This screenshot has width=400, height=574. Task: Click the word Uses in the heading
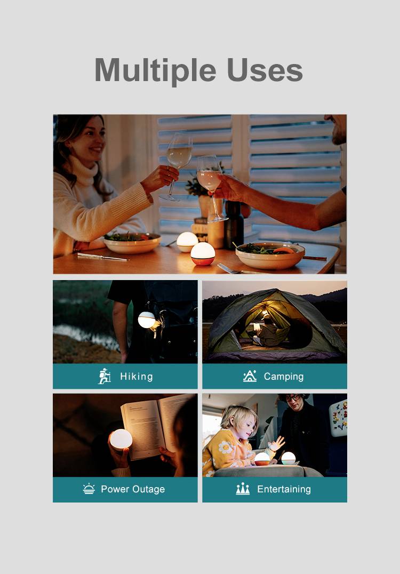(x=265, y=70)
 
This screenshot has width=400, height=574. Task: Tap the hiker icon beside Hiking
(x=105, y=376)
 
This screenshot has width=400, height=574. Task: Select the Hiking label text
(x=137, y=376)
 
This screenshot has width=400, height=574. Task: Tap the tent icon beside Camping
(x=250, y=376)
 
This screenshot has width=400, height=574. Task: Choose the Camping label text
(x=284, y=377)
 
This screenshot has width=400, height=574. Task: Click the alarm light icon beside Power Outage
(x=89, y=489)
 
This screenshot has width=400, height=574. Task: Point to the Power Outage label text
(x=133, y=489)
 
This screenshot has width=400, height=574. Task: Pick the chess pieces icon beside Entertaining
(x=243, y=489)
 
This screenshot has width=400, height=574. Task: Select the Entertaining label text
(x=284, y=489)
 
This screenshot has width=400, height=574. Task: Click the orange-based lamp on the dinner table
(x=203, y=254)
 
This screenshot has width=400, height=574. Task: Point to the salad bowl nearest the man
(x=270, y=255)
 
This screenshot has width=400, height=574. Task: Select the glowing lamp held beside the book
(x=121, y=439)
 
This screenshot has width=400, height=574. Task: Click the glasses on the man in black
(x=293, y=398)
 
